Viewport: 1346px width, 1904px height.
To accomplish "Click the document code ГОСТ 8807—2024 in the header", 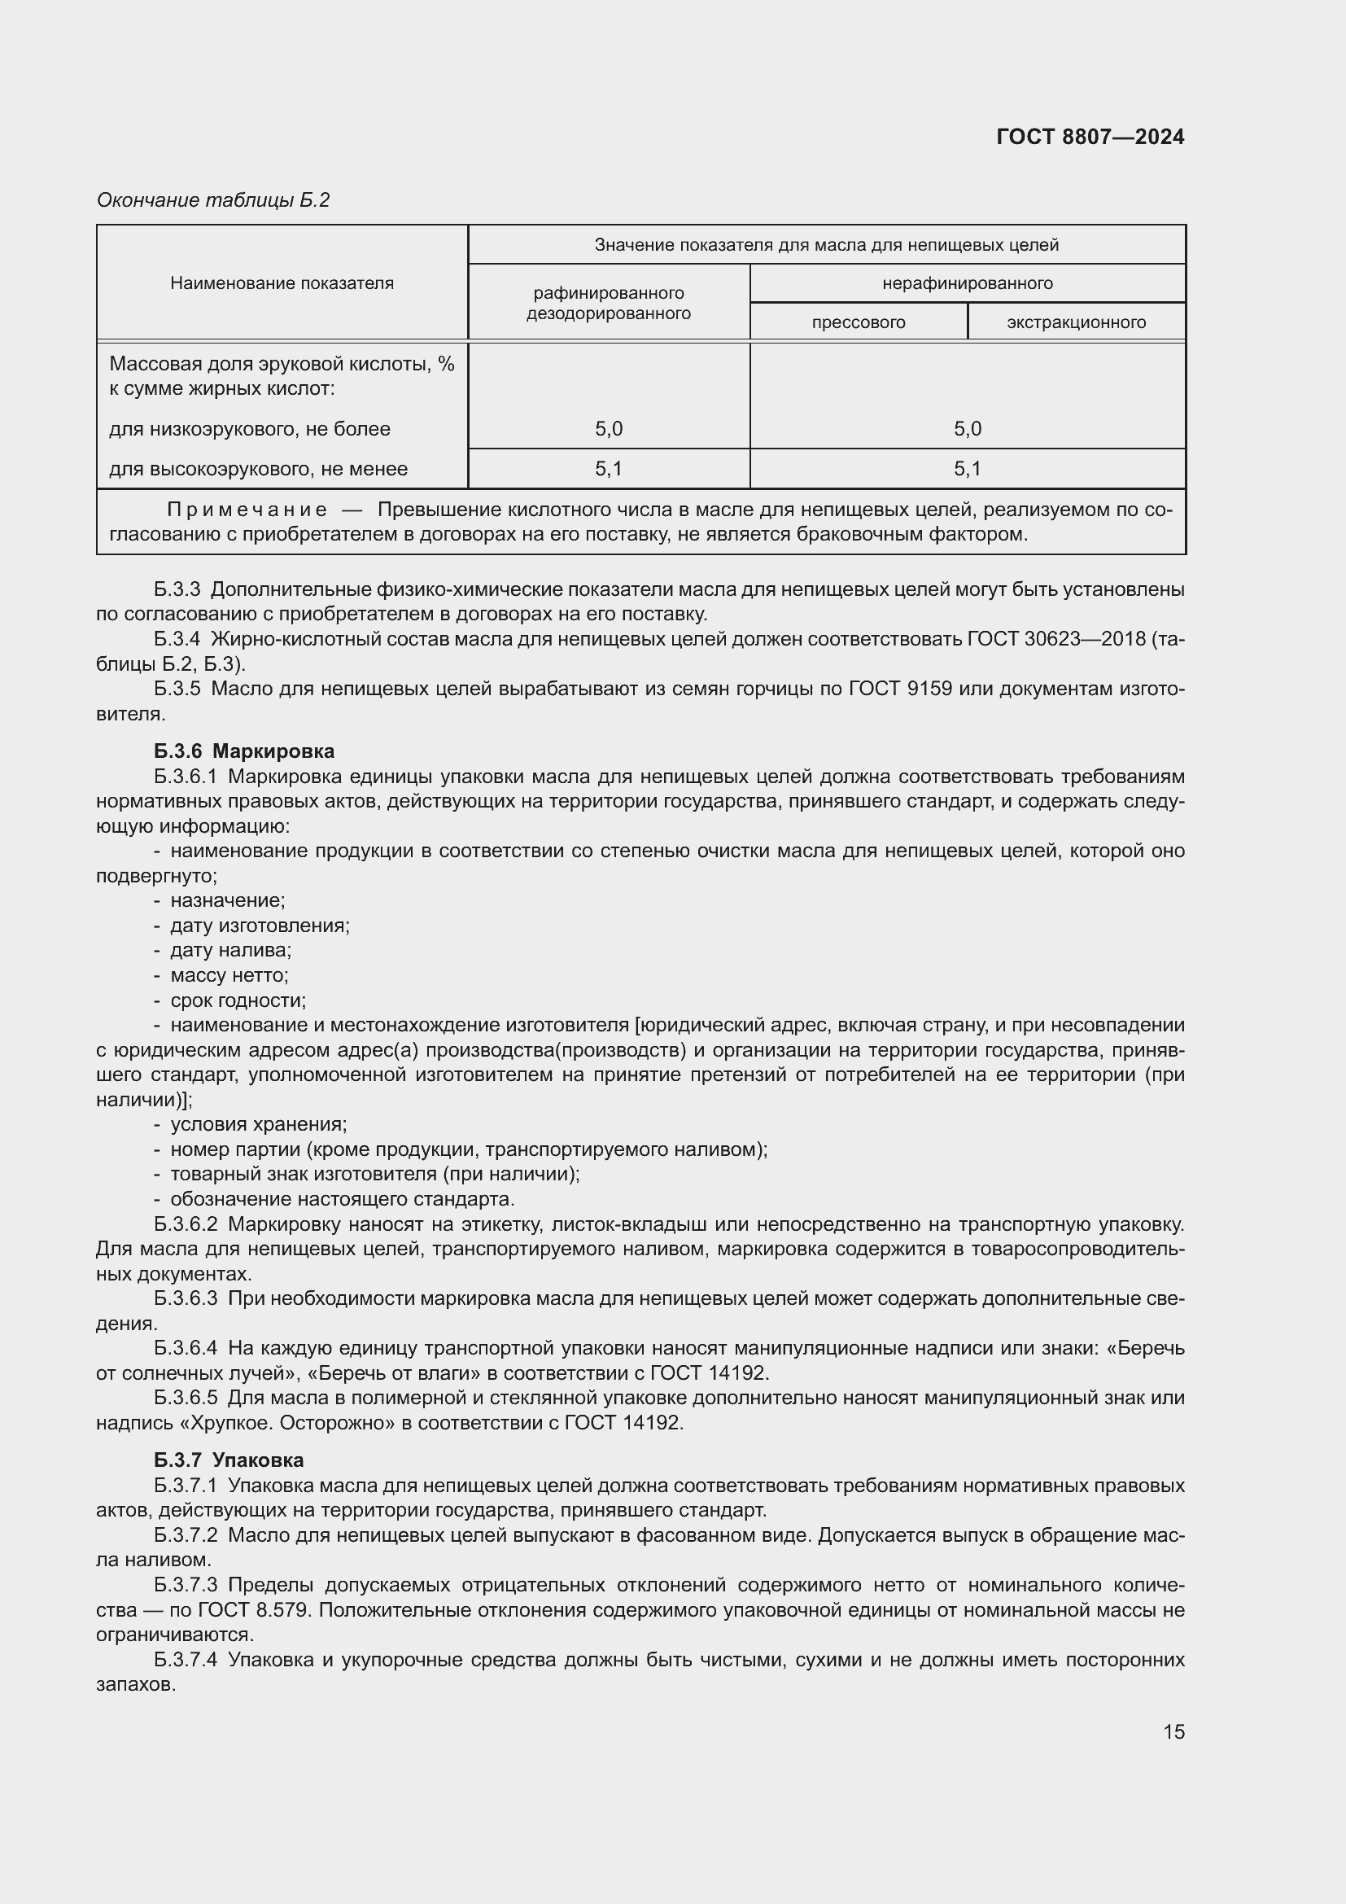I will coord(1090,137).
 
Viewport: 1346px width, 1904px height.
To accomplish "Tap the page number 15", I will coord(1173,1731).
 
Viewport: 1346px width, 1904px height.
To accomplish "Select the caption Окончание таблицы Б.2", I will coord(213,200).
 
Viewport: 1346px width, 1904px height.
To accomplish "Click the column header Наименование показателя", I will coord(282,282).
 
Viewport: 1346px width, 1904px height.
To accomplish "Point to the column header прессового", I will coord(858,322).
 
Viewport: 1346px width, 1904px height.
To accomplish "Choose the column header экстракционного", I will coord(1076,322).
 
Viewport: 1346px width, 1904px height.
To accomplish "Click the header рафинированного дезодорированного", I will coord(609,303).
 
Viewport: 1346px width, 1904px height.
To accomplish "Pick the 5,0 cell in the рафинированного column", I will coord(609,429).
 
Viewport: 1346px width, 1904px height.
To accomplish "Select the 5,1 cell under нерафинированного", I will coord(967,469).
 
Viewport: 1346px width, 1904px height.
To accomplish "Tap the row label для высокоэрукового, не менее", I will coord(258,469).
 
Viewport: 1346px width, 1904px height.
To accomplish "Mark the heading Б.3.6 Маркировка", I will coord(243,751).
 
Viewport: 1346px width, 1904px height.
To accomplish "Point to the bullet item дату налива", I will coord(230,949).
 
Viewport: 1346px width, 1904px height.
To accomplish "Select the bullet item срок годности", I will coord(238,1000).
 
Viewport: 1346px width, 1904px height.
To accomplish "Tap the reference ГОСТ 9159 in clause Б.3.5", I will coord(899,689).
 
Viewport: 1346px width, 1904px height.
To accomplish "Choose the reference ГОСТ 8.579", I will coord(254,1609).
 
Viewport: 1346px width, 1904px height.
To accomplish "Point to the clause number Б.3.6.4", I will coord(186,1347).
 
